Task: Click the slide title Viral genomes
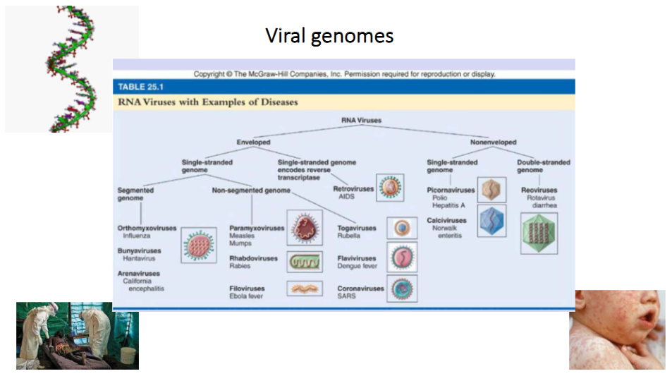329,35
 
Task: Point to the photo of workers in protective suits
77,335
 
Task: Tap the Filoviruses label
248,289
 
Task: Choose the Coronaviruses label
360,289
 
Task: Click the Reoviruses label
539,190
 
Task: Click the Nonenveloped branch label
493,142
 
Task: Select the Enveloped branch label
253,142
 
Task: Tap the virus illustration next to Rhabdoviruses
305,262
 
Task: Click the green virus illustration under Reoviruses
539,234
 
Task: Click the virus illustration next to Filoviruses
305,289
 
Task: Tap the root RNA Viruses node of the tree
361,121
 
